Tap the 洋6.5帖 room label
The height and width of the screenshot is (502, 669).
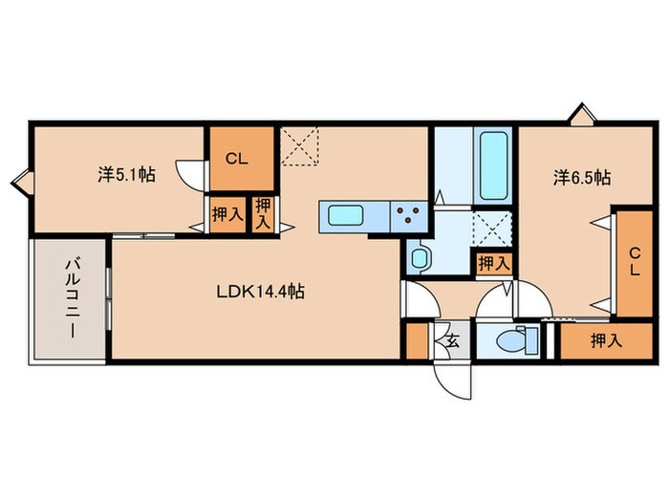(583, 177)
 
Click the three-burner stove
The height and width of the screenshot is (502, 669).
(408, 216)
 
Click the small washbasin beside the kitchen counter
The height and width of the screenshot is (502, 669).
(418, 256)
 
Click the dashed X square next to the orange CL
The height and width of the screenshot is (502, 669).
(300, 147)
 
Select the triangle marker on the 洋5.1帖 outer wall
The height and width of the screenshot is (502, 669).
(21, 178)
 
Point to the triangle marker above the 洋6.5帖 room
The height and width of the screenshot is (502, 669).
(580, 116)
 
